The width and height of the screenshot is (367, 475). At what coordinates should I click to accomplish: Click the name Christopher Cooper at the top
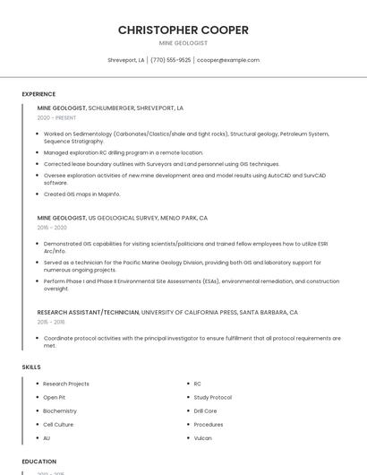pyautogui.click(x=183, y=30)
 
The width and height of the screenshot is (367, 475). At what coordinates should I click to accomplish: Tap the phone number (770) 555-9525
pyautogui.click(x=170, y=60)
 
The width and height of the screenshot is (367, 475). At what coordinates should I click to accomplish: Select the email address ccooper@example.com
pyautogui.click(x=228, y=60)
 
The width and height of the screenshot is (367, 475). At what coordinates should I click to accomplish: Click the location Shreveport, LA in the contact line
pyautogui.click(x=126, y=60)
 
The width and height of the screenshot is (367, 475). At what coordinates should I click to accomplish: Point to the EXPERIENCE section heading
pyautogui.click(x=38, y=94)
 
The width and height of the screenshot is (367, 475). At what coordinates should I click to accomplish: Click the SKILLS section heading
pyautogui.click(x=31, y=367)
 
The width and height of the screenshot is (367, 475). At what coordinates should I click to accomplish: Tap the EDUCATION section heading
pyautogui.click(x=38, y=462)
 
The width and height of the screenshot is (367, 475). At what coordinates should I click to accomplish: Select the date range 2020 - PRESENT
pyautogui.click(x=56, y=117)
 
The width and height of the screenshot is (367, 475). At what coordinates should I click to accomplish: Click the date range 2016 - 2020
pyautogui.click(x=52, y=228)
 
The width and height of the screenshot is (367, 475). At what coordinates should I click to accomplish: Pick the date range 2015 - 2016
pyautogui.click(x=51, y=322)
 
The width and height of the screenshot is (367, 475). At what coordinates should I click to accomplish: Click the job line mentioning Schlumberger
pyautogui.click(x=110, y=108)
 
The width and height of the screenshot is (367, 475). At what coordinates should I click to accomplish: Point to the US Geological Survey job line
pyautogui.click(x=122, y=218)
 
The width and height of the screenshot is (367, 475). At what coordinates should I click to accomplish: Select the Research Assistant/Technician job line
pyautogui.click(x=167, y=312)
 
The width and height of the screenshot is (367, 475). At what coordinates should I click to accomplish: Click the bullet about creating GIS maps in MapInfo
pyautogui.click(x=81, y=194)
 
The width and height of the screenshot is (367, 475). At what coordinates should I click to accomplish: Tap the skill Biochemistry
pyautogui.click(x=60, y=410)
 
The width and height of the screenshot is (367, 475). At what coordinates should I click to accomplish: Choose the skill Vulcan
pyautogui.click(x=202, y=438)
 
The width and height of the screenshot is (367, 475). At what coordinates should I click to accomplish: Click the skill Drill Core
pyautogui.click(x=205, y=410)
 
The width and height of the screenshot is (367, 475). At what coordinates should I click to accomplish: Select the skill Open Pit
pyautogui.click(x=54, y=397)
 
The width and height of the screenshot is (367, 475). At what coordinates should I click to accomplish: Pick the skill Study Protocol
pyautogui.click(x=212, y=397)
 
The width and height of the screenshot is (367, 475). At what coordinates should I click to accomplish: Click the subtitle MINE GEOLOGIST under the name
pyautogui.click(x=183, y=43)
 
